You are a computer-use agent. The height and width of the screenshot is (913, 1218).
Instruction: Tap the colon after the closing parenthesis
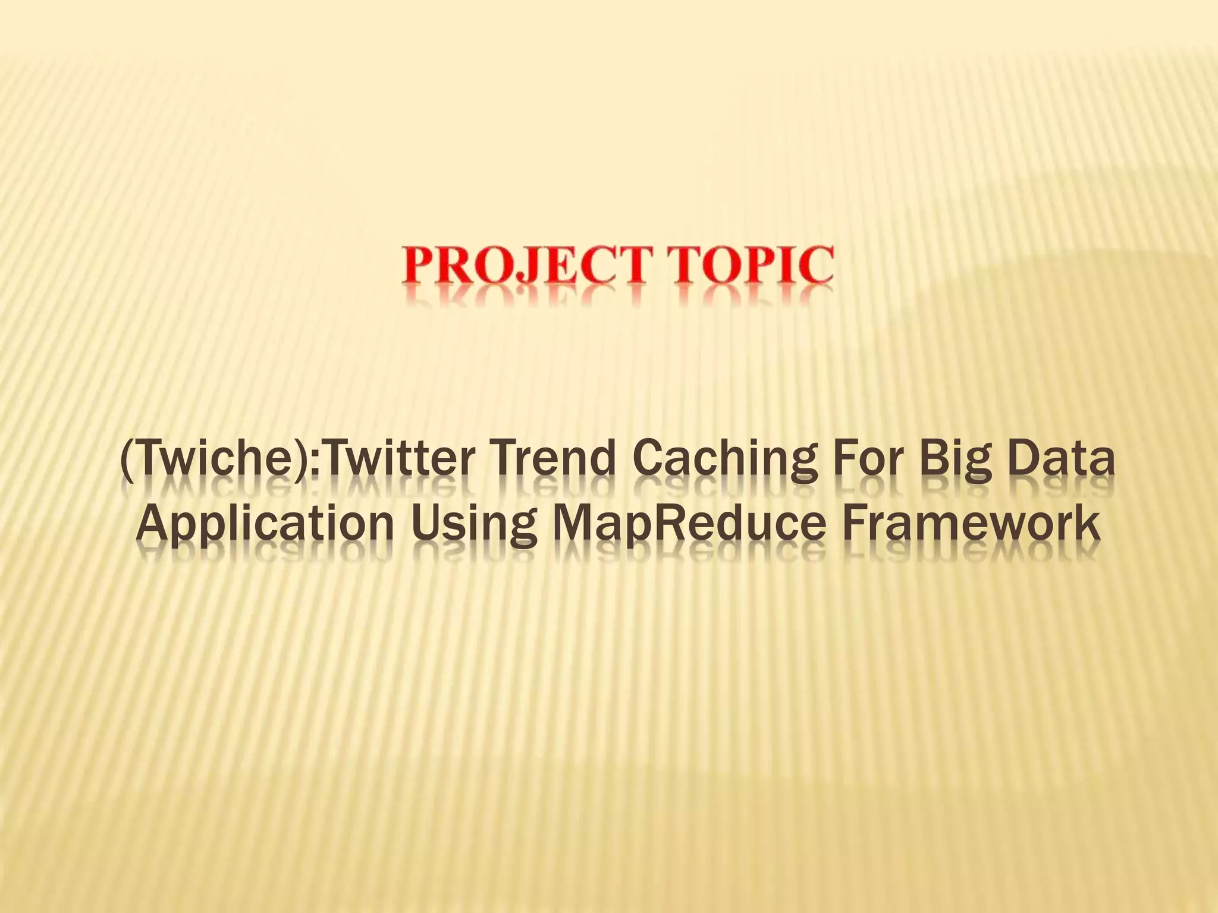315,467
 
